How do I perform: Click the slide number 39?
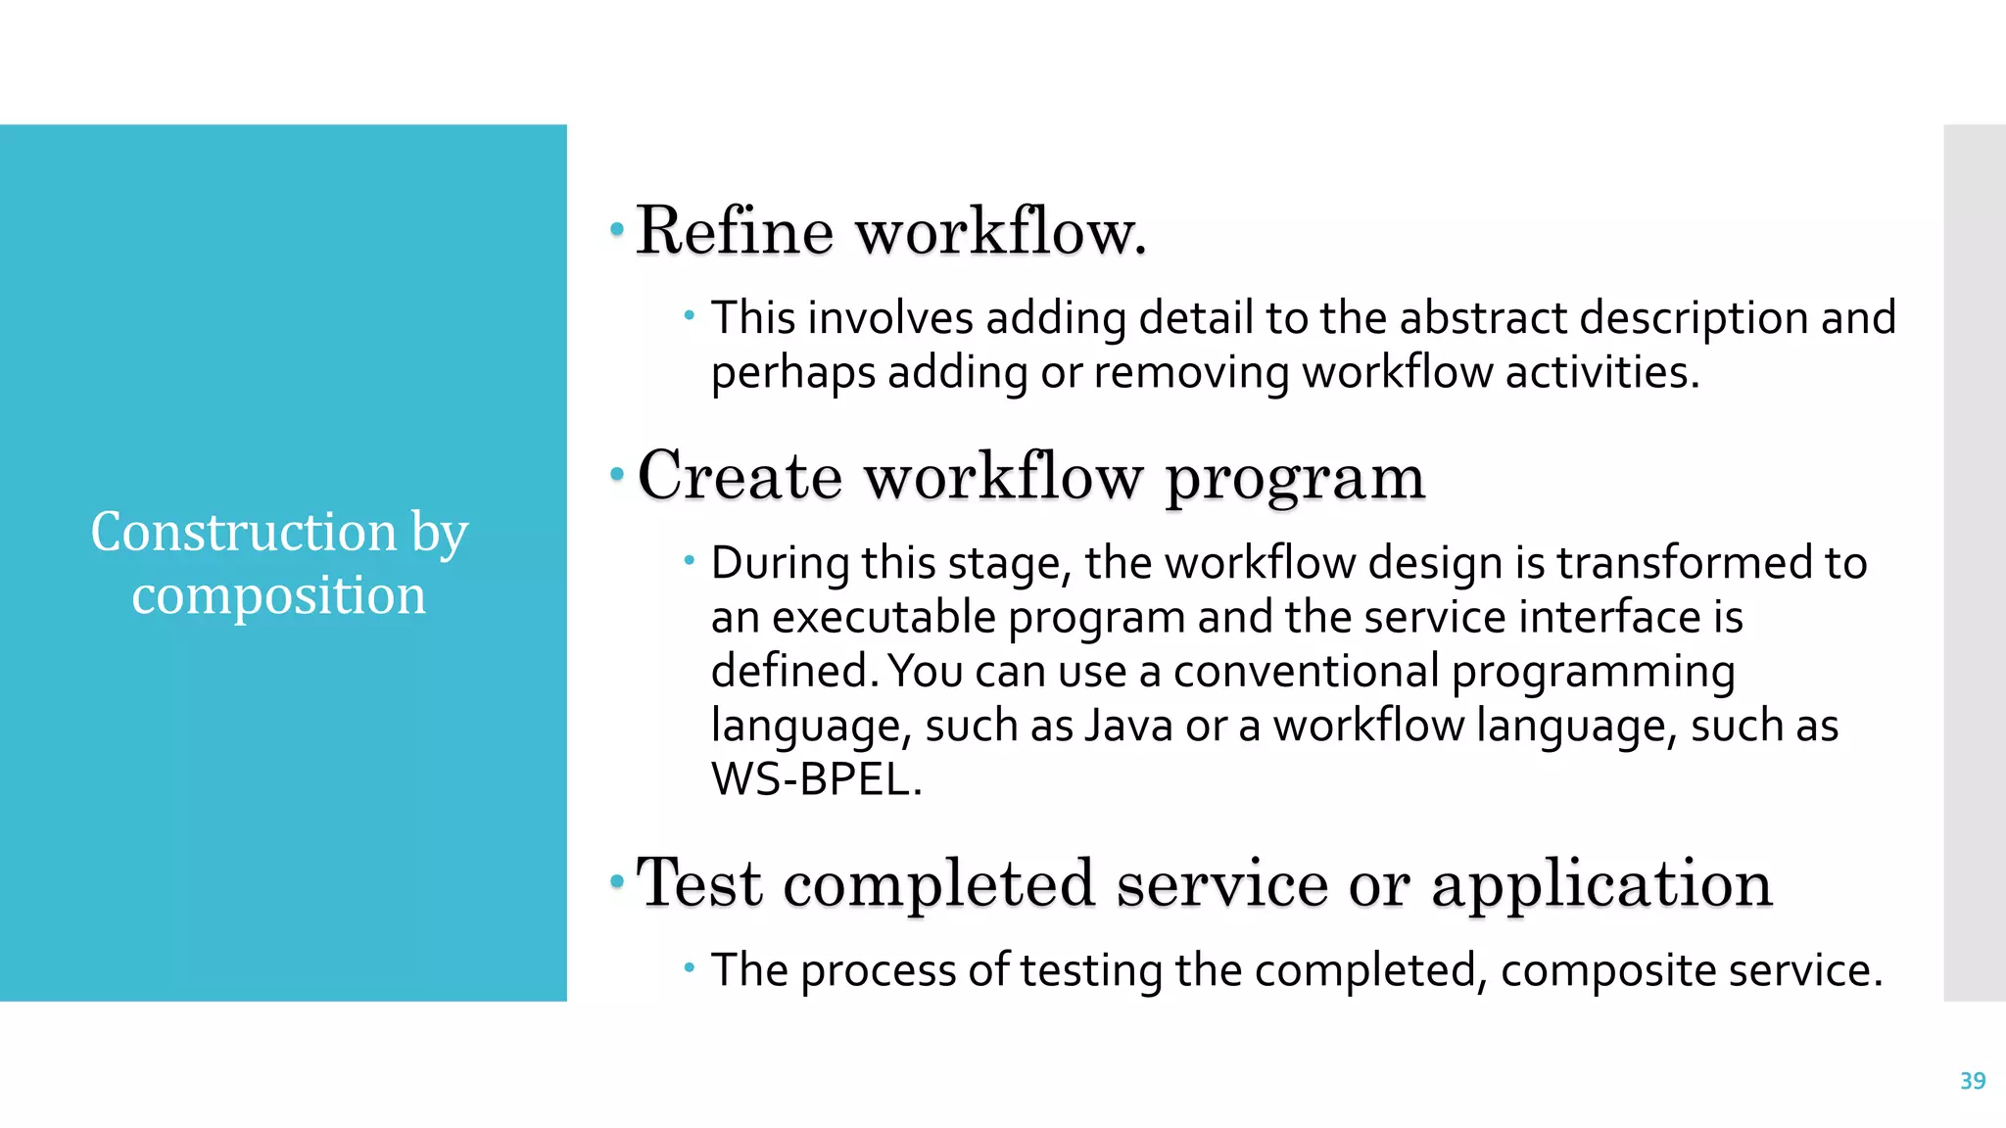click(1972, 1081)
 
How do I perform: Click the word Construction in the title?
click(244, 532)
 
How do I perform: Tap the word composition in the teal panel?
click(279, 595)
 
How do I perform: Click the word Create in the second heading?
click(740, 477)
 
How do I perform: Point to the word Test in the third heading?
click(698, 883)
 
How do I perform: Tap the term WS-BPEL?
click(816, 779)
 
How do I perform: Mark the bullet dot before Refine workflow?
click(616, 230)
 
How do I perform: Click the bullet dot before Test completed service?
click(616, 882)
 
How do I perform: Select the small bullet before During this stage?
click(690, 561)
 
